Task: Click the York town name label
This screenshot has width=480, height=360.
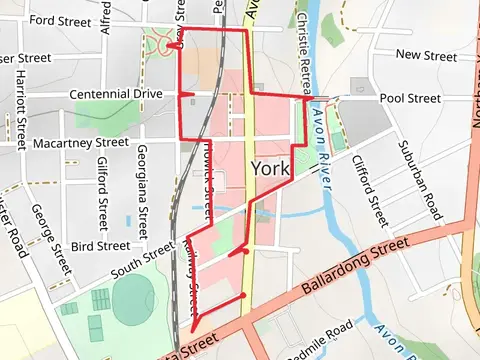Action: coord(270,169)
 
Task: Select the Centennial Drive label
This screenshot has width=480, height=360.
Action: coord(115,94)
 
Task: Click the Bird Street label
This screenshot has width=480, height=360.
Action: coord(100,245)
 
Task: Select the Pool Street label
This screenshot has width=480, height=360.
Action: coord(410,99)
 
